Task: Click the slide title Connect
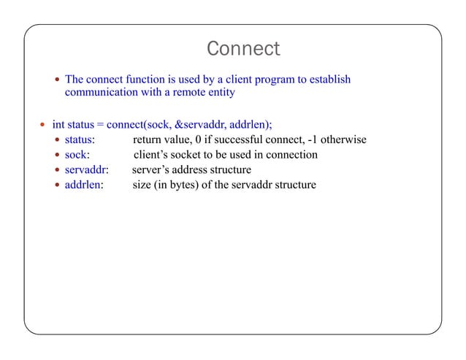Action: [x=243, y=49]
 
